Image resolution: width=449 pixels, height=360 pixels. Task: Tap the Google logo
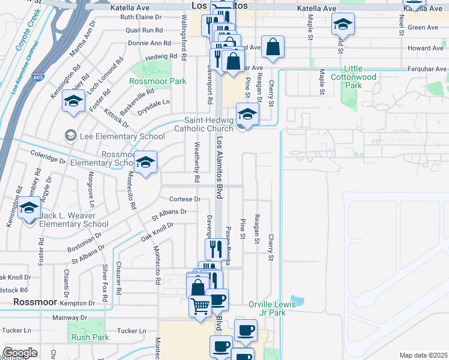point(20,353)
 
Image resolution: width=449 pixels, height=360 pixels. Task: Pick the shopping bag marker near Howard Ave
point(273,48)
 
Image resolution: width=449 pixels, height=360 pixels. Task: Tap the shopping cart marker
point(200,306)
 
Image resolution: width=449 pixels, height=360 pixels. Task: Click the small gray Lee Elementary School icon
point(71,136)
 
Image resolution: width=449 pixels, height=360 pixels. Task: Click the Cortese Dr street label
point(184,199)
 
